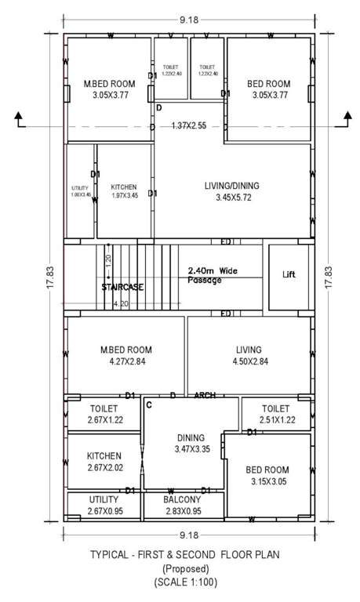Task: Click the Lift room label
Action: [289, 275]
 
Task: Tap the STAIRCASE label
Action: [122, 288]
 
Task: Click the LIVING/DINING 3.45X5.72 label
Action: [231, 192]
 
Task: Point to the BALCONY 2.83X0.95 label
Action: [182, 505]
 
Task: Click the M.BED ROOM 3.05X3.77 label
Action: [106, 89]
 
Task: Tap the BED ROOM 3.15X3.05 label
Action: [267, 475]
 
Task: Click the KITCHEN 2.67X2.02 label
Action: [104, 461]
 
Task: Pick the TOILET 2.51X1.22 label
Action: [275, 415]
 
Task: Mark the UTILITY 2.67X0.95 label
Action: [104, 505]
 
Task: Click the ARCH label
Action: [204, 395]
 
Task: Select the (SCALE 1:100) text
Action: [182, 582]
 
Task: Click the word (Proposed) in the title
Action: [182, 568]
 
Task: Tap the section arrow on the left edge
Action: [19, 119]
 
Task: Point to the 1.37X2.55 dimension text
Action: [188, 125]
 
